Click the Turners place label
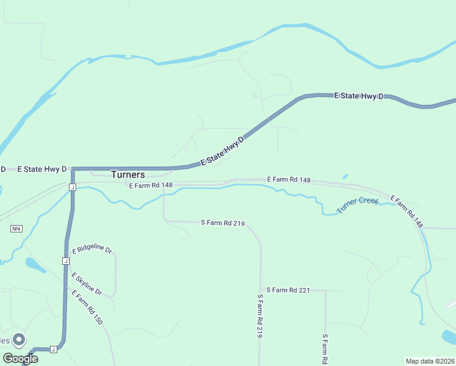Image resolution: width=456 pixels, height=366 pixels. pyautogui.click(x=128, y=174)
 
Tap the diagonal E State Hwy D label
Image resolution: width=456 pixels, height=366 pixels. pyautogui.click(x=223, y=151)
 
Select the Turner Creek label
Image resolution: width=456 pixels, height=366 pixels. pyautogui.click(x=358, y=206)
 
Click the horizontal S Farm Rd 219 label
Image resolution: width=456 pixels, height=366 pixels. pyautogui.click(x=223, y=223)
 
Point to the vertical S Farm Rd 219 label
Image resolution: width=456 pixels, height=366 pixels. pyautogui.click(x=260, y=316)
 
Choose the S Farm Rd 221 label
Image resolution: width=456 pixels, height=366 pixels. pyautogui.click(x=288, y=290)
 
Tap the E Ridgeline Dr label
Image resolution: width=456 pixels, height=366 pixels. pyautogui.click(x=92, y=250)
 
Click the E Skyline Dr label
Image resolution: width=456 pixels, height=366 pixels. pyautogui.click(x=86, y=284)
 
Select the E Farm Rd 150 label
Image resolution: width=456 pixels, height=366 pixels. pyautogui.click(x=86, y=307)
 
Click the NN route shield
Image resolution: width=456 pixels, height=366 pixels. pyautogui.click(x=16, y=229)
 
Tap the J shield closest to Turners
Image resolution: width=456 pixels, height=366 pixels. pyautogui.click(x=72, y=187)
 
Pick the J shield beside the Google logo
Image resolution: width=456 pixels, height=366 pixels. pyautogui.click(x=53, y=349)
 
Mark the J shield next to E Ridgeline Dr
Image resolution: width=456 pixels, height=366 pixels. pyautogui.click(x=65, y=260)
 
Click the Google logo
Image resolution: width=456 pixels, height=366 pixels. pyautogui.click(x=20, y=359)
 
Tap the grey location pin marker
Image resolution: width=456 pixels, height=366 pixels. pyautogui.click(x=19, y=339)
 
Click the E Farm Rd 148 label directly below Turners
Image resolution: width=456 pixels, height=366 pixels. pyautogui.click(x=151, y=185)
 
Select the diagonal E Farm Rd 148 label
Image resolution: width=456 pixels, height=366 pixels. pyautogui.click(x=407, y=211)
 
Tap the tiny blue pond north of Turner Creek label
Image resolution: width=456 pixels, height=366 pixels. pyautogui.click(x=345, y=177)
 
